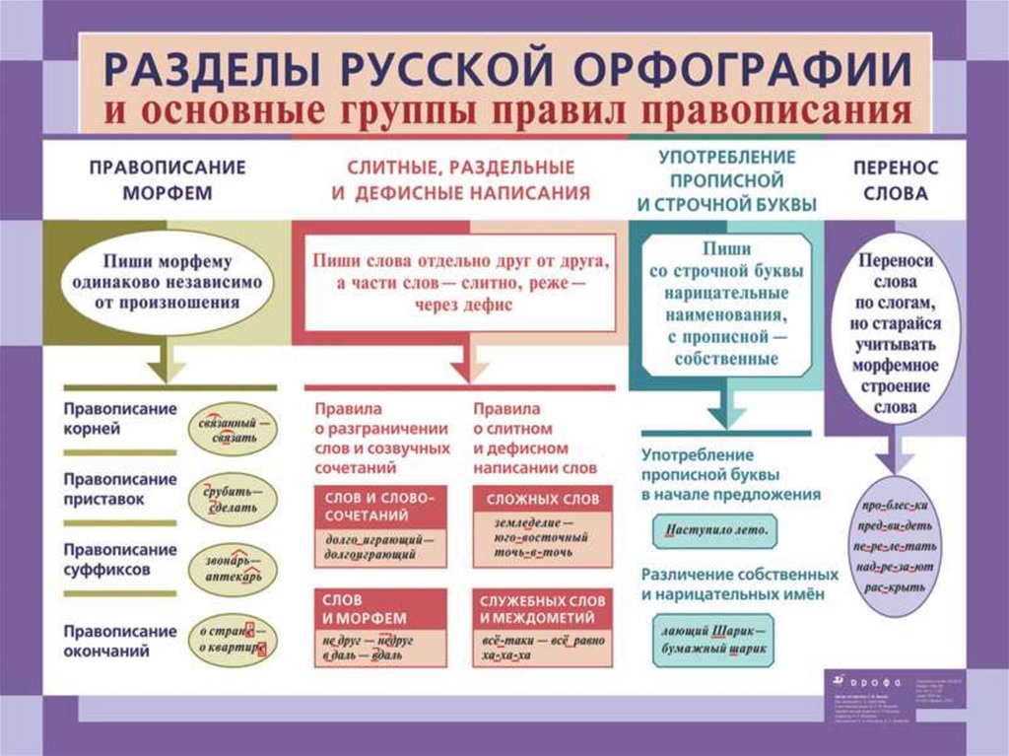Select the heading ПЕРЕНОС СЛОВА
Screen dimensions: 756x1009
(x=896, y=180)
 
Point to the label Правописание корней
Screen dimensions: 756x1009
(x=120, y=419)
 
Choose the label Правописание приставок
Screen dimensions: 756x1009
(x=120, y=489)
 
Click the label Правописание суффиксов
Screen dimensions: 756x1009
(x=120, y=559)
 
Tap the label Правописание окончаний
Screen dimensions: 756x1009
(x=120, y=641)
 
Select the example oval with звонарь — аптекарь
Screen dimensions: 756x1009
(x=234, y=566)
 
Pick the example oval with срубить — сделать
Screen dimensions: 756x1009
(x=234, y=499)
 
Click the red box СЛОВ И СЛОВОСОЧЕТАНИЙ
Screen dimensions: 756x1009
(x=378, y=508)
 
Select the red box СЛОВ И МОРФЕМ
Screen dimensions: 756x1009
(x=378, y=608)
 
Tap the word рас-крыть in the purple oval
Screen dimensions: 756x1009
(x=896, y=587)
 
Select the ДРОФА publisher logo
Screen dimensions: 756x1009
(x=854, y=680)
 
